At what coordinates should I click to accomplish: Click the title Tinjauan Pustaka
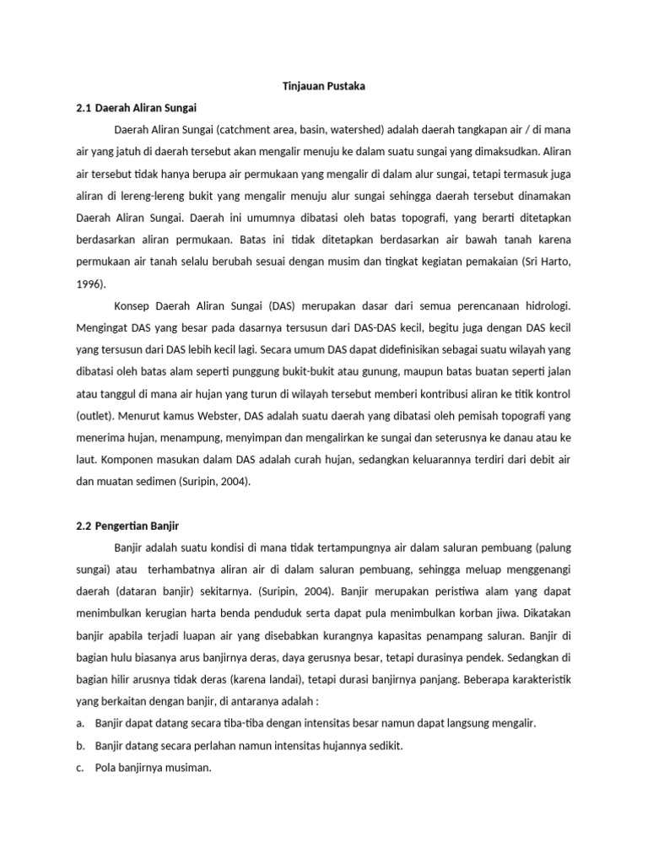tap(323, 86)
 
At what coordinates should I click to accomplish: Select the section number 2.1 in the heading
tap(83, 108)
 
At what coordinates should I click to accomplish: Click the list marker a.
tap(79, 723)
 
